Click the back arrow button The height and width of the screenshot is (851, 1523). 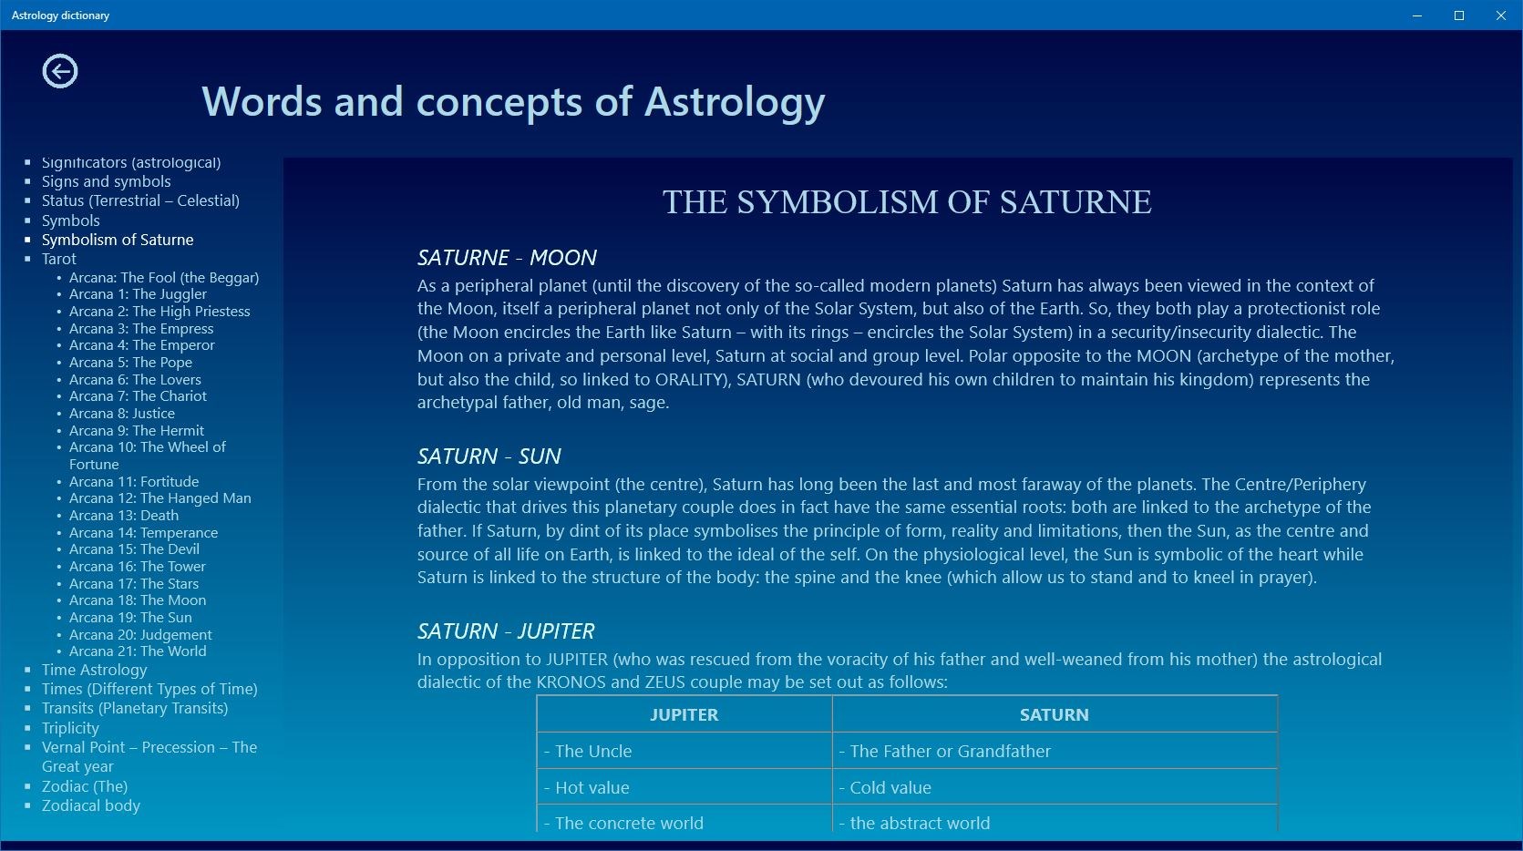point(60,71)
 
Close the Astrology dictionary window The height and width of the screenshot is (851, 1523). point(1500,15)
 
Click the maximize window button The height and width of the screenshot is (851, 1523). point(1459,15)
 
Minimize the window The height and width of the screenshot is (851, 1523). point(1417,15)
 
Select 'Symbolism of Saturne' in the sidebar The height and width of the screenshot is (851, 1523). point(118,240)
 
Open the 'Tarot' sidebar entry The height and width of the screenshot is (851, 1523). point(58,259)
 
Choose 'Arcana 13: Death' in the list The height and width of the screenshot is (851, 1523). point(124,515)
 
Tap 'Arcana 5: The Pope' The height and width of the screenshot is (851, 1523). point(130,363)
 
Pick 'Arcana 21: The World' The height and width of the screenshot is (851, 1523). point(138,651)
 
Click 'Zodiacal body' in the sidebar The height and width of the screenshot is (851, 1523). point(90,805)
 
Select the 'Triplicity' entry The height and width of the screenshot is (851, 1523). point(70,728)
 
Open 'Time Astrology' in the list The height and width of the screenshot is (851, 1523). point(94,670)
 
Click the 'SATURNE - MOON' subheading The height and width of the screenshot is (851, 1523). point(508,258)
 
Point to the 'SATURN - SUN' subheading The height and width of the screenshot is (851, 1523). point(489,456)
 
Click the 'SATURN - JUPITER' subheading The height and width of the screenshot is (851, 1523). point(506,631)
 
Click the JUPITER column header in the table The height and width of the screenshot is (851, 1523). point(684,714)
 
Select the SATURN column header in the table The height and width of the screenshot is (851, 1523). point(1054,714)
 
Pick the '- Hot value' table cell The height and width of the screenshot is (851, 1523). point(587,787)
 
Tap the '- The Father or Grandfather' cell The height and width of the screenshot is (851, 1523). point(944,751)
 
